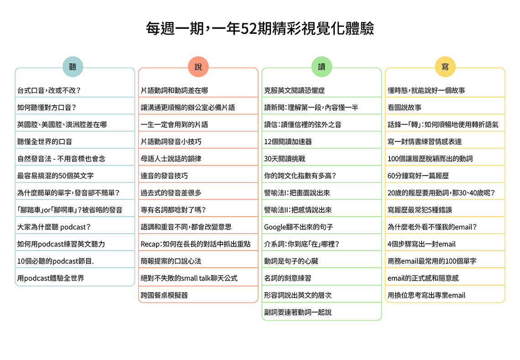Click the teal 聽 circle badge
click(x=73, y=67)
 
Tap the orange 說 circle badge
click(x=198, y=67)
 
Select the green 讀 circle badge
click(x=322, y=67)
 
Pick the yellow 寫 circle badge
click(x=445, y=67)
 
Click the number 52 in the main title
click(x=249, y=29)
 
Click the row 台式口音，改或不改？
click(x=49, y=90)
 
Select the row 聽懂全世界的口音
click(x=45, y=142)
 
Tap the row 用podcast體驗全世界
click(x=51, y=278)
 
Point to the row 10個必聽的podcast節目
click(x=55, y=261)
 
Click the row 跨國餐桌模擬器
click(x=164, y=295)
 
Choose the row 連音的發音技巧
click(x=164, y=176)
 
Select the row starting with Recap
click(x=196, y=244)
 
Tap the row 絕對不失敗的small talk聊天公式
click(x=189, y=278)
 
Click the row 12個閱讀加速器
click(x=288, y=142)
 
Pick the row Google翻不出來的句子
click(x=298, y=227)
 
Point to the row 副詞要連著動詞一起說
click(x=298, y=312)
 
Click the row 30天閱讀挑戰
click(x=285, y=159)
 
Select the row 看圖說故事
click(x=405, y=108)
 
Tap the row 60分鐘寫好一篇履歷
click(x=418, y=176)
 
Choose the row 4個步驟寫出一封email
click(x=421, y=244)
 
